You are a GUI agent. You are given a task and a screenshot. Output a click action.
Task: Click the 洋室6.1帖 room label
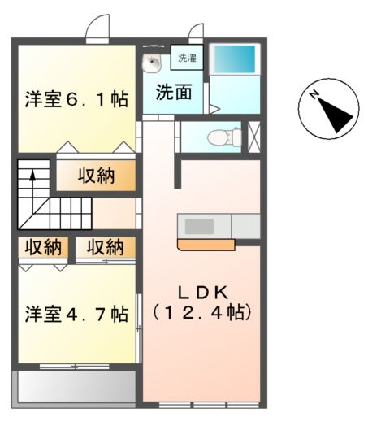tap(76, 99)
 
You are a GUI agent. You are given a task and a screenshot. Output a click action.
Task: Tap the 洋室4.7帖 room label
tap(76, 313)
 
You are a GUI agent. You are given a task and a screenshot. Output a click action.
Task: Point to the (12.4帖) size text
tap(201, 311)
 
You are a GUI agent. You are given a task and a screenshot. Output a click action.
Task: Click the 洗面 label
tap(174, 91)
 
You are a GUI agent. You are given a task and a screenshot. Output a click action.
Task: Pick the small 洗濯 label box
tap(188, 59)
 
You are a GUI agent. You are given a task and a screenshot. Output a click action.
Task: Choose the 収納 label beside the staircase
tap(96, 174)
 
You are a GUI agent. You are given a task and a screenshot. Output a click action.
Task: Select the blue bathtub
tap(234, 59)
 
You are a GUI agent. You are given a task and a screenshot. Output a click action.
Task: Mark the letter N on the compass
tap(314, 96)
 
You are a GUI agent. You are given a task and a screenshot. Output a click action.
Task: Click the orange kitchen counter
tap(205, 243)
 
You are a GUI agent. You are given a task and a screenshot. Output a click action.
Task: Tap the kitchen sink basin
tap(197, 225)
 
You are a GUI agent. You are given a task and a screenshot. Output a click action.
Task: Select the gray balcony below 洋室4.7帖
tap(75, 387)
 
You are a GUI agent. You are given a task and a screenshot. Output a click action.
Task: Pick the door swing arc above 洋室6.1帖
tap(98, 28)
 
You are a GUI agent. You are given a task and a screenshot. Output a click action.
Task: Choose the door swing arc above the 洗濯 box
tap(195, 31)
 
